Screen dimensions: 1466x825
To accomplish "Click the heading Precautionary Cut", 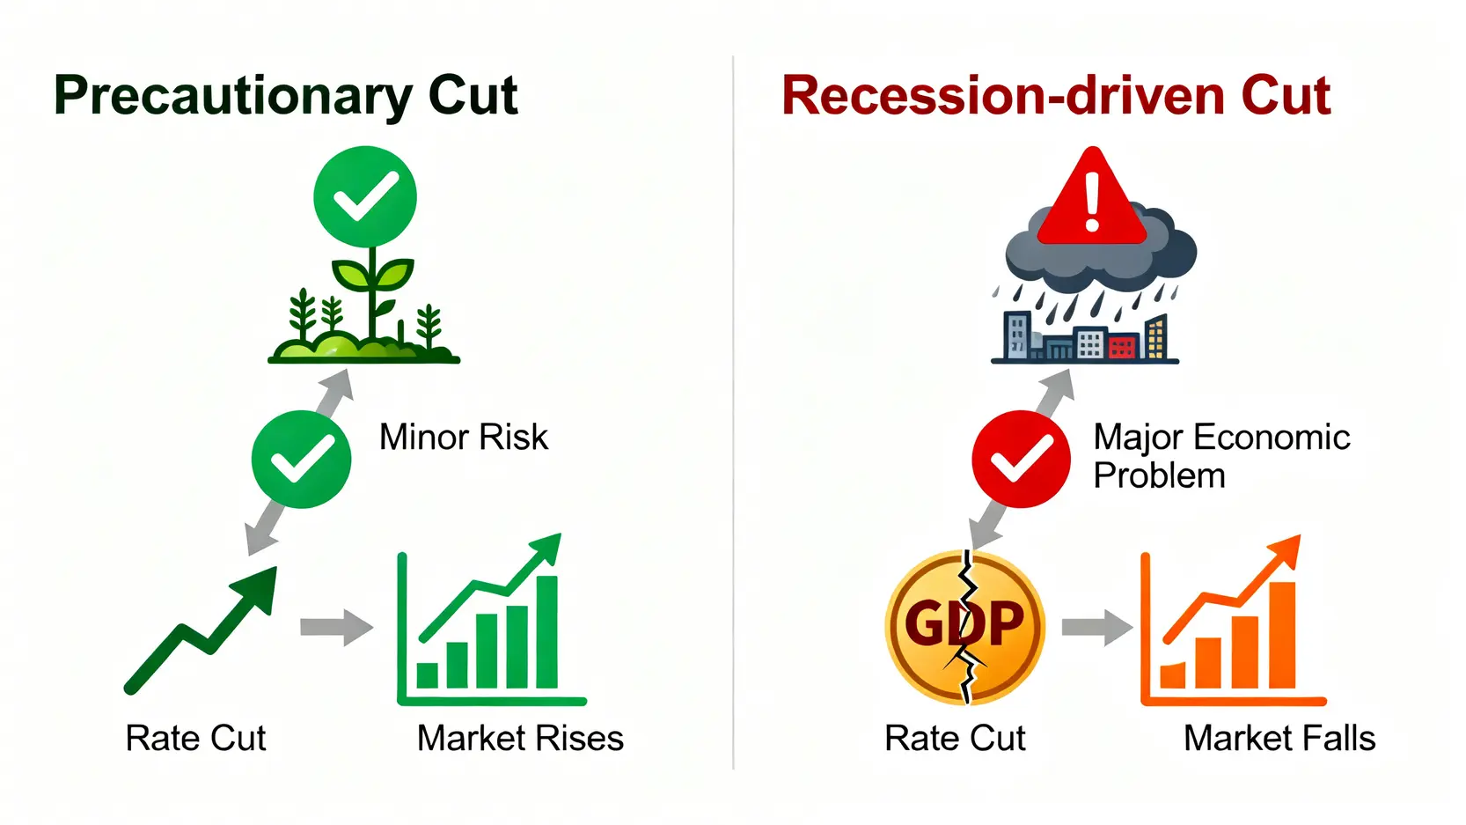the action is (x=286, y=96).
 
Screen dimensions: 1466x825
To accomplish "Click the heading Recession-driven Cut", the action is (x=1056, y=96).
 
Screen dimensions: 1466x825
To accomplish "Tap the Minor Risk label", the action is (x=464, y=437).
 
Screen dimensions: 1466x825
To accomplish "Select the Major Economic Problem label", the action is (x=1221, y=456).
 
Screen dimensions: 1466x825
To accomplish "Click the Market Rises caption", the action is (x=520, y=738).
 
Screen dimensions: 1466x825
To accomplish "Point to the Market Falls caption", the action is (x=1279, y=738).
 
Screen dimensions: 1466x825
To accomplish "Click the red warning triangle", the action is (x=1092, y=195).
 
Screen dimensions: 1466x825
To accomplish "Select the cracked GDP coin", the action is (x=964, y=627).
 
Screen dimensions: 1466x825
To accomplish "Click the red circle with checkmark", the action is (x=1021, y=459).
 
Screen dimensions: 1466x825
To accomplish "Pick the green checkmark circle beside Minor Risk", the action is (x=301, y=459).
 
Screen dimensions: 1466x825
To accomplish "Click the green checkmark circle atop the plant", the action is (x=365, y=196).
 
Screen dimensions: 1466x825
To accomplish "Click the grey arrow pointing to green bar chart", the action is (x=336, y=627).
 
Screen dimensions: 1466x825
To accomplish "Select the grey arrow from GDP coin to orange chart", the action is (x=1097, y=627).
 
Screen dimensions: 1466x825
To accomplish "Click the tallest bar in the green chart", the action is (x=547, y=632).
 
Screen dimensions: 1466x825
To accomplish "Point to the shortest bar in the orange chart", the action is (x=1173, y=675).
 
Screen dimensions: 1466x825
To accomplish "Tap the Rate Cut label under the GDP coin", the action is (x=955, y=738).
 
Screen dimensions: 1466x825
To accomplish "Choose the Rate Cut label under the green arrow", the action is (x=195, y=738).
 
